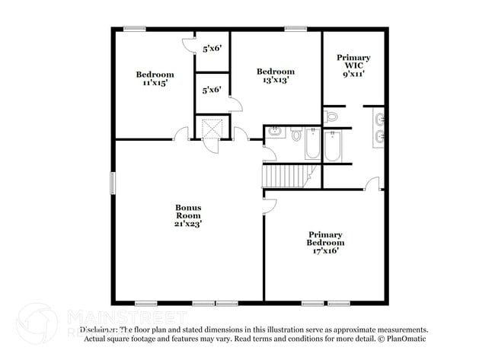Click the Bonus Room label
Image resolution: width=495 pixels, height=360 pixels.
[x=188, y=211]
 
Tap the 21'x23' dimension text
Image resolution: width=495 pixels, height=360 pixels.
[x=188, y=224]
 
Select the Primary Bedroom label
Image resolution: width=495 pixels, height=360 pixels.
[x=325, y=238]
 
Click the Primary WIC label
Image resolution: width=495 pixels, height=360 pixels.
[x=353, y=62]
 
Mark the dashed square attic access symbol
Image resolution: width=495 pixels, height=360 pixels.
[x=212, y=128]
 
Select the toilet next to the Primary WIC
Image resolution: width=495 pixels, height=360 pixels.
[x=331, y=117]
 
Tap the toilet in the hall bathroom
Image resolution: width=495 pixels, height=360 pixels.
[x=295, y=135]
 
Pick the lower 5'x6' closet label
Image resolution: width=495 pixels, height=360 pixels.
[x=212, y=89]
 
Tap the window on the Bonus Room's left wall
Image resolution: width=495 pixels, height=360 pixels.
[x=113, y=182]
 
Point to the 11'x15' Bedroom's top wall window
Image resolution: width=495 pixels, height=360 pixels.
[x=135, y=30]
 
